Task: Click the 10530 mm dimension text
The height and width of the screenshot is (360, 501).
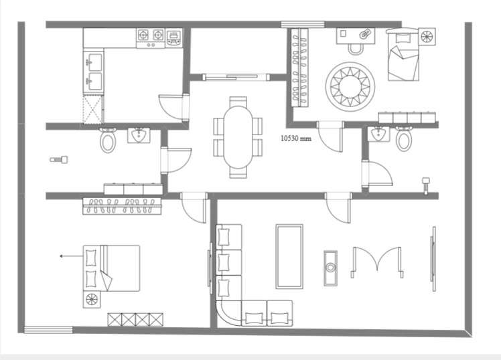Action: point(296,139)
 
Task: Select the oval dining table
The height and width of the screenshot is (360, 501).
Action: point(238,137)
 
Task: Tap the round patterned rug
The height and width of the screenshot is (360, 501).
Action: point(350,87)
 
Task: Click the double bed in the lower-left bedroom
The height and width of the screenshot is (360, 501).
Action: point(111,268)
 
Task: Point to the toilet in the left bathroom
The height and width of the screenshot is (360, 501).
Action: point(108,140)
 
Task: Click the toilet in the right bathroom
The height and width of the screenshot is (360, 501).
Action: point(404,139)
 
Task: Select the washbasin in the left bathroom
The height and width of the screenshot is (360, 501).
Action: point(139,135)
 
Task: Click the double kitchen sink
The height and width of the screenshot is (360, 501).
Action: point(94,72)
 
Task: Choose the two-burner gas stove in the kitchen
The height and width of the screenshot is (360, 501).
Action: point(151,38)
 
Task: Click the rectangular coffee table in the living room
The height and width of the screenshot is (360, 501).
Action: point(289,256)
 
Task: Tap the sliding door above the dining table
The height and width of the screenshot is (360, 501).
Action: point(236,77)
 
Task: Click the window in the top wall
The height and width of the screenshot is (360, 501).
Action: point(303,24)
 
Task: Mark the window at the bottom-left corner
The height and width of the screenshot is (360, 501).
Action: point(48,330)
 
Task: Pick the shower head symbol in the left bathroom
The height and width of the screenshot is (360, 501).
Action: point(59,159)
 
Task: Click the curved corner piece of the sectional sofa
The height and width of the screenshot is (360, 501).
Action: point(228,313)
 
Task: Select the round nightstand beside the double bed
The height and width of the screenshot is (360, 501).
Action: point(91,299)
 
